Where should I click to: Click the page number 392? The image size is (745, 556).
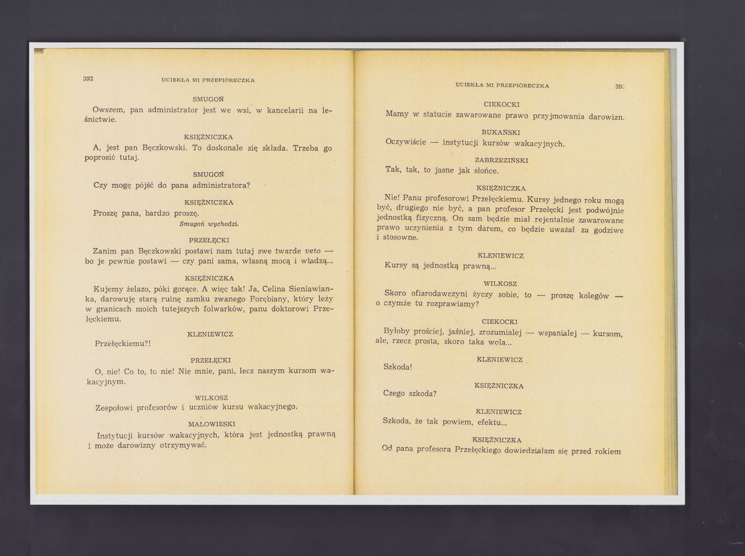(x=88, y=78)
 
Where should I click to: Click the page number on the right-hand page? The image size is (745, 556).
(x=619, y=86)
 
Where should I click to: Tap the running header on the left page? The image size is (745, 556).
(x=208, y=80)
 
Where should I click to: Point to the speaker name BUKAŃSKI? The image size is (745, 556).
(x=501, y=132)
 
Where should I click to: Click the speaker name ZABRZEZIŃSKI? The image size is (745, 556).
(x=501, y=160)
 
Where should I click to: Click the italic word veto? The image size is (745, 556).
(x=313, y=251)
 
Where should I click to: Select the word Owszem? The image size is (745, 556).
(x=109, y=109)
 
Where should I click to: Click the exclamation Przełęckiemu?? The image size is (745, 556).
(x=123, y=343)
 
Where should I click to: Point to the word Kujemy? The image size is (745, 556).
(x=108, y=289)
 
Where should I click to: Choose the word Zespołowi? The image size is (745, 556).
(x=116, y=407)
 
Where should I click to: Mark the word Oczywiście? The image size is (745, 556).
(x=406, y=142)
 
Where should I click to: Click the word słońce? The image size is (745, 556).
(x=484, y=171)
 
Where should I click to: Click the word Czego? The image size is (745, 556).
(x=394, y=394)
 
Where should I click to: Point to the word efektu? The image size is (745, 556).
(x=492, y=422)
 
